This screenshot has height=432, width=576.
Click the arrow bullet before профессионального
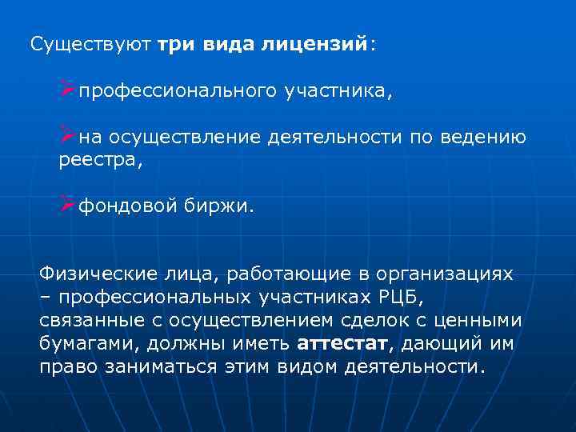(66, 90)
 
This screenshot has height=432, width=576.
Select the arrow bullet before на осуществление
(66, 137)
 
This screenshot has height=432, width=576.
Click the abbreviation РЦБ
(392, 298)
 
